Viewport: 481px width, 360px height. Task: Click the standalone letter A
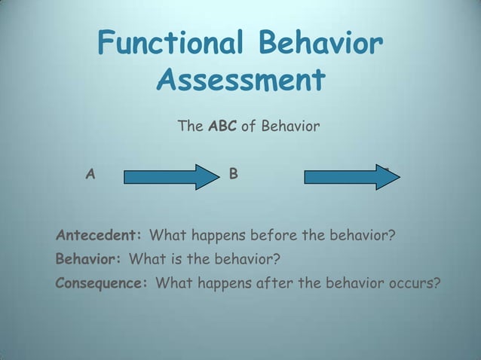[x=90, y=175]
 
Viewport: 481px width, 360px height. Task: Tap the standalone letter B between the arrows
[x=234, y=175]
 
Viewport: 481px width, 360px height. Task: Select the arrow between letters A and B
[x=170, y=177]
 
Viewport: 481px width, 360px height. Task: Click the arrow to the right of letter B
[x=351, y=177]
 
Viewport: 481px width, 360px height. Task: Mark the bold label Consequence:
[x=102, y=284]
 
